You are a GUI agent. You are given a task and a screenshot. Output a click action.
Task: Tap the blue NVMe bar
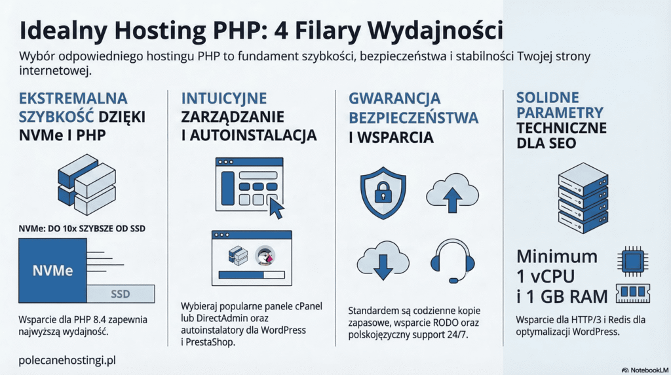click(x=53, y=270)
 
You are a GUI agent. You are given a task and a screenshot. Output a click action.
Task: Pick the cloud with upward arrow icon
click(x=452, y=192)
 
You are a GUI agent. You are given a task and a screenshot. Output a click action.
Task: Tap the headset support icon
click(x=453, y=260)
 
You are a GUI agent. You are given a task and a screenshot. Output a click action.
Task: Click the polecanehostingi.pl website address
click(x=67, y=361)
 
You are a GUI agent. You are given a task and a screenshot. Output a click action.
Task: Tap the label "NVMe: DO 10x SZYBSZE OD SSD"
click(x=82, y=229)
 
